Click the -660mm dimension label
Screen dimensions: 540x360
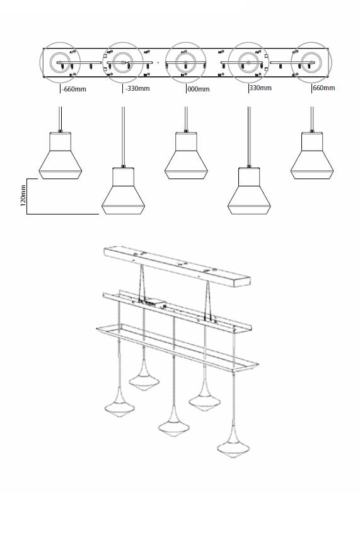(74, 89)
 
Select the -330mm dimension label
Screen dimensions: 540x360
(137, 88)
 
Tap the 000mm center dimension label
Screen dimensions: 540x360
(199, 89)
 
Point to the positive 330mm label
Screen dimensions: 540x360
(260, 88)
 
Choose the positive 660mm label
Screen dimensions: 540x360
(323, 88)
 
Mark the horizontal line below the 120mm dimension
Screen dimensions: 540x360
(62, 214)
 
